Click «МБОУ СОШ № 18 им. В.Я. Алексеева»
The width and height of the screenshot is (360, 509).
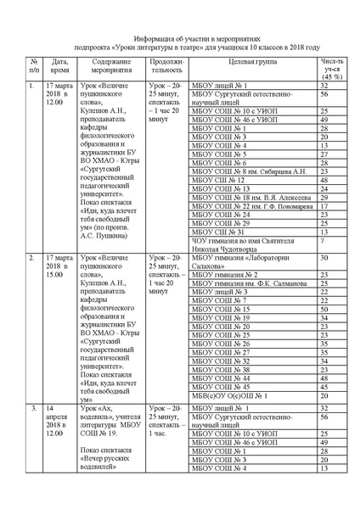pyautogui.click(x=240, y=198)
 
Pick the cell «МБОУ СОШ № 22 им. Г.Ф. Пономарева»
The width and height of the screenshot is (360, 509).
pyautogui.click(x=242, y=206)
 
